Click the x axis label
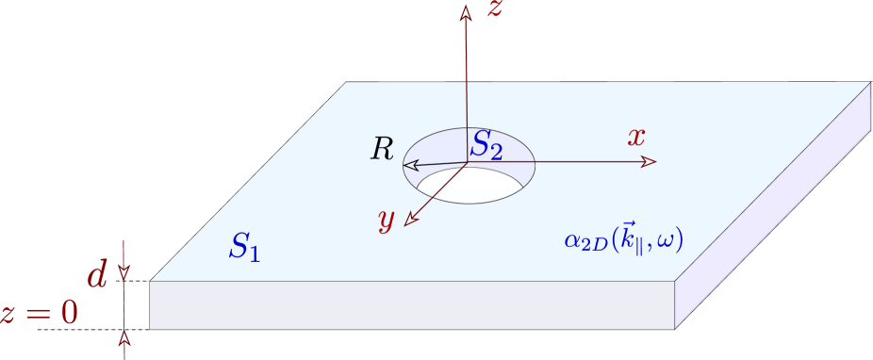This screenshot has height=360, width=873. (x=637, y=137)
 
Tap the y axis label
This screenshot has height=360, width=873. (x=386, y=219)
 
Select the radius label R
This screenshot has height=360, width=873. (x=382, y=149)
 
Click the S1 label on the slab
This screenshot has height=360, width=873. (x=244, y=247)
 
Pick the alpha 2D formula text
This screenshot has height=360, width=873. (x=622, y=240)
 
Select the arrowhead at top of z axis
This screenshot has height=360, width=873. (x=465, y=12)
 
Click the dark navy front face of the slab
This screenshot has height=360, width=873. (x=412, y=304)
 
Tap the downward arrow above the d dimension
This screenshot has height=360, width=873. (x=124, y=273)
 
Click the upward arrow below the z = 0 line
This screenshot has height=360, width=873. (x=124, y=337)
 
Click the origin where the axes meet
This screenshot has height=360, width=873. (x=467, y=163)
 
